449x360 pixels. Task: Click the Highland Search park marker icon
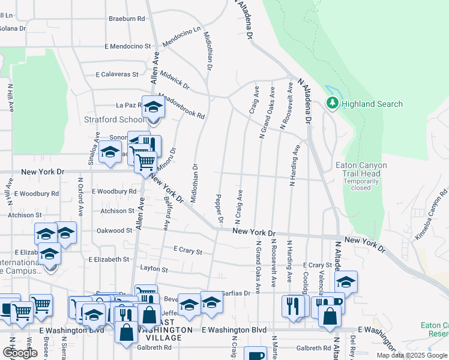[332, 104]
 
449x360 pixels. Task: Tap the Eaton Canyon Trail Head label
[361, 170]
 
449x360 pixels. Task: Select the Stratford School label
[113, 119]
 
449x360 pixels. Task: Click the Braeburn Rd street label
[127, 19]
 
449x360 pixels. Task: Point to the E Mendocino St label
[127, 46]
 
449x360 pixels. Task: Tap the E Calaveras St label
[118, 75]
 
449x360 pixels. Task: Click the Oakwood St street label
[114, 230]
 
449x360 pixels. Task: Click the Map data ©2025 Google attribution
[412, 355]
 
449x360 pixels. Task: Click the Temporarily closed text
[361, 184]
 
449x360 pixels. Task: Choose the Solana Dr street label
[13, 28]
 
